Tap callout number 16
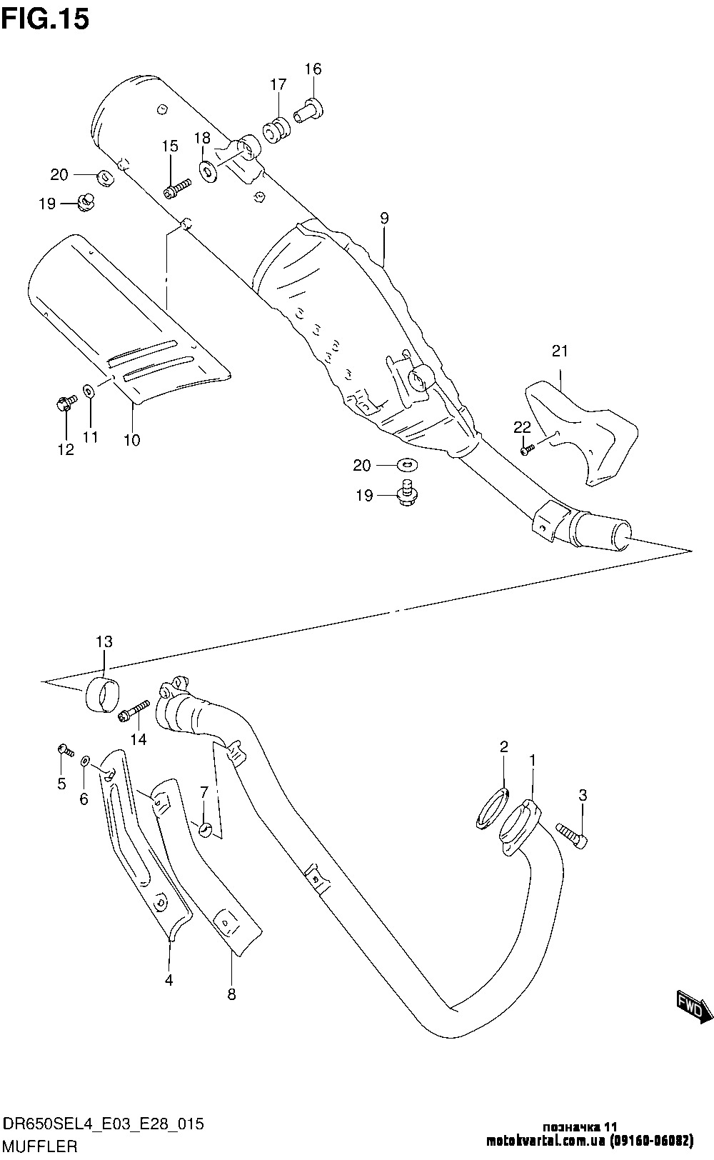(x=313, y=69)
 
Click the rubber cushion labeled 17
(x=276, y=131)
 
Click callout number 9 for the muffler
(x=384, y=219)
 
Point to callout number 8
(x=231, y=994)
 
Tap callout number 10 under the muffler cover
(x=131, y=440)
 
